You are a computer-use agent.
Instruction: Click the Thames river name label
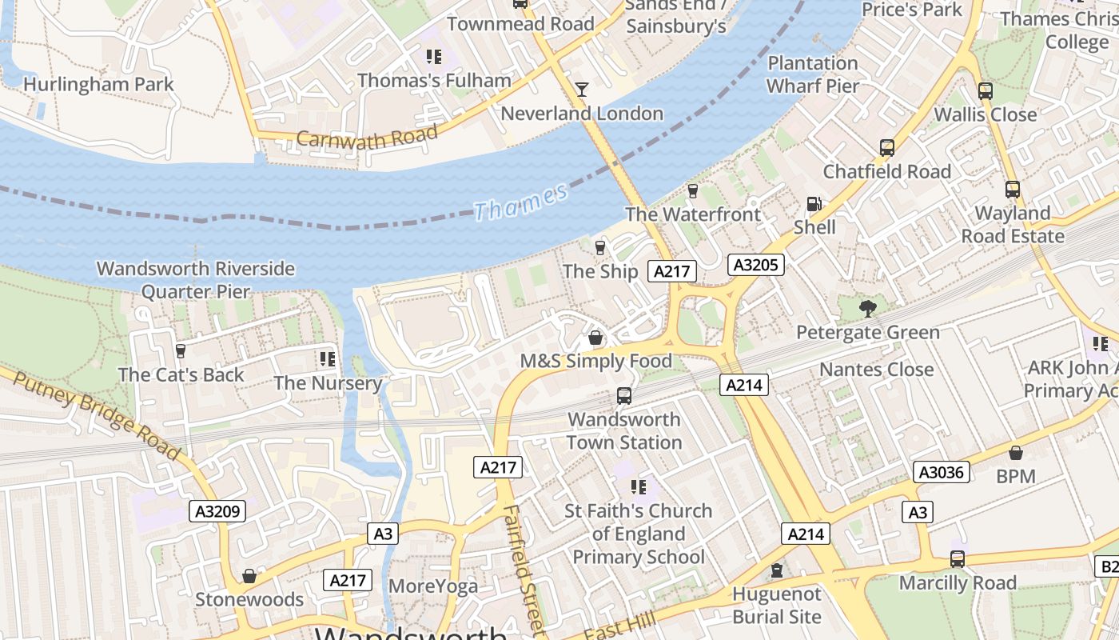pos(520,201)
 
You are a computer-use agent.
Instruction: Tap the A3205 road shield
pos(755,265)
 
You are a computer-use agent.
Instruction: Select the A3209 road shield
pos(217,511)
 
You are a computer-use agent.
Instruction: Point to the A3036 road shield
pos(942,472)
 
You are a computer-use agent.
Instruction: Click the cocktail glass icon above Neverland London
pos(582,89)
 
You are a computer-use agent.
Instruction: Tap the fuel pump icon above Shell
pos(814,204)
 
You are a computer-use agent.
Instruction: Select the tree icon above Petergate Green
pos(867,308)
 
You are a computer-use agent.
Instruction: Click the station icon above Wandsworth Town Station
pos(624,395)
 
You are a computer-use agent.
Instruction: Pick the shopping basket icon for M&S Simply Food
pos(595,338)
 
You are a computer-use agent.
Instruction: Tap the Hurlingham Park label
pos(98,84)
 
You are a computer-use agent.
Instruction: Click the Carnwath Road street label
pos(367,137)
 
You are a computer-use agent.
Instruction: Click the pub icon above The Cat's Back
pos(181,350)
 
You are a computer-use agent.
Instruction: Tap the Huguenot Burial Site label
pos(777,606)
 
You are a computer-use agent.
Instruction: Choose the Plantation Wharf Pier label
pos(813,74)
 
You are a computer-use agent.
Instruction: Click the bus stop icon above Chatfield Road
pos(887,147)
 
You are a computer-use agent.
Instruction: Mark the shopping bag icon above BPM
pos(1016,453)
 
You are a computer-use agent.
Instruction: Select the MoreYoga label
pos(433,586)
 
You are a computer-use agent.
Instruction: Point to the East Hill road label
pos(620,626)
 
